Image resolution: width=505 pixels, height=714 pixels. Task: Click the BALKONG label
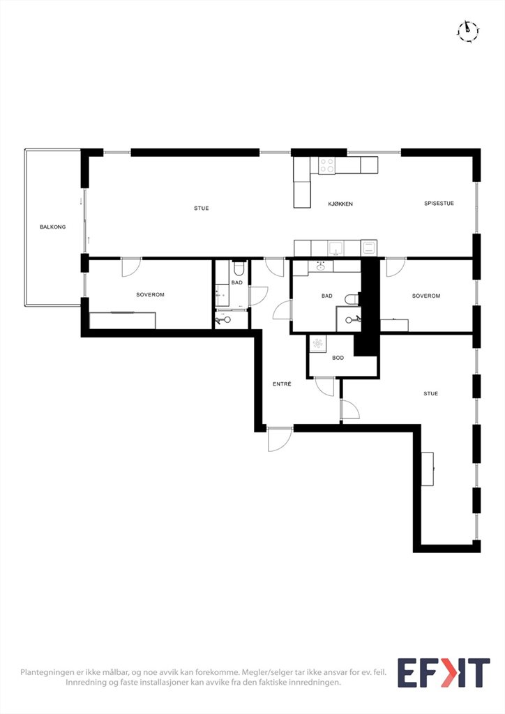pos(53,227)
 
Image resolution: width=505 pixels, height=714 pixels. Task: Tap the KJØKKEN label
pos(340,204)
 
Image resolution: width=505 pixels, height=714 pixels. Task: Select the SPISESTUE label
pos(439,204)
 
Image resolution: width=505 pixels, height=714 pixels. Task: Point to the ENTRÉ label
pos(282,384)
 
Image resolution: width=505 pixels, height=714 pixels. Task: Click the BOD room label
pos(338,358)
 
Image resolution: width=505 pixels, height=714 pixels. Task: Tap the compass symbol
pos(468,31)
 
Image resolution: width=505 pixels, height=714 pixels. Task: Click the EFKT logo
pos(444,673)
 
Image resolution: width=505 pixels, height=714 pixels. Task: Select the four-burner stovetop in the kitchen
pos(326,165)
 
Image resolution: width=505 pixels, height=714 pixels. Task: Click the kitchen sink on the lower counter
pos(336,248)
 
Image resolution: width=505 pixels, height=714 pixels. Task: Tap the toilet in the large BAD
pos(352,299)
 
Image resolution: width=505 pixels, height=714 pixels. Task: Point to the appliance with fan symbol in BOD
pos(317,343)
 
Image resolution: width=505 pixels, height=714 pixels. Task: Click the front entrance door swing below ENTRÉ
pos(280,439)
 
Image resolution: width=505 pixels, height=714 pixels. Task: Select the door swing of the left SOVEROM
pos(132,267)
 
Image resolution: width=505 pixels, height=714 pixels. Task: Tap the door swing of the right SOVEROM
pos(395,267)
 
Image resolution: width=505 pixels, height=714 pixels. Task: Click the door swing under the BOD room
pos(324,387)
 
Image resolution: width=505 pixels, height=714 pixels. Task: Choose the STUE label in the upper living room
pos(202,208)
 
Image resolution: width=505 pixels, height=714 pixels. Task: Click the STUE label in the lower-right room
pos(431,393)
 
